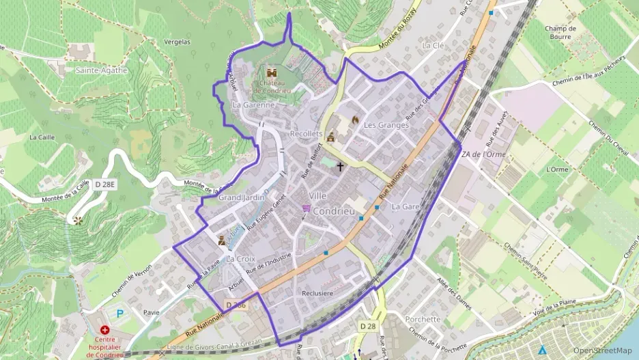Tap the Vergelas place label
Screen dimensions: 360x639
pos(177,42)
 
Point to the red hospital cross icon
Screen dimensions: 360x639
pos(105,329)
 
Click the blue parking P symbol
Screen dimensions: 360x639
pos(121,314)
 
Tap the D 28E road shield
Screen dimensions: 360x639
pos(106,184)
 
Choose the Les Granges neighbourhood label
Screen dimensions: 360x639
pos(386,125)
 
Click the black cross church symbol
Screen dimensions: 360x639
pos(340,167)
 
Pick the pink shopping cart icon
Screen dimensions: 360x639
pos(307,208)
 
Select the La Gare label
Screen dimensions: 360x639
pos(406,206)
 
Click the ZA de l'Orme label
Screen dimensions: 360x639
pos(483,154)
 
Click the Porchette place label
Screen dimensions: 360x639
pos(423,319)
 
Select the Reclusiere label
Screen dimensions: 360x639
pos(317,293)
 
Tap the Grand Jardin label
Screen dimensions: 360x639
pos(241,197)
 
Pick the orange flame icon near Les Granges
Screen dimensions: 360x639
pos(355,120)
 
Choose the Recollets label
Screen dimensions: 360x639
pos(306,134)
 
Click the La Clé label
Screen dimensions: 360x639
pos(433,45)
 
